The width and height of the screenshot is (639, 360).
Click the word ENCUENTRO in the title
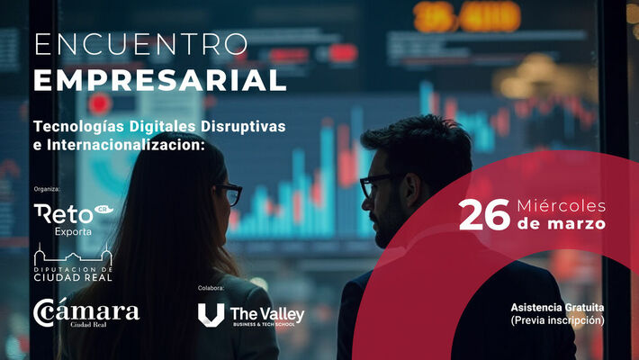(141, 44)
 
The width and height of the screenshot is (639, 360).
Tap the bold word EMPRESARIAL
(160, 80)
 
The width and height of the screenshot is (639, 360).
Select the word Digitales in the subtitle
(163, 127)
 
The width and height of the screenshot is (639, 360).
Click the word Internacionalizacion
(126, 145)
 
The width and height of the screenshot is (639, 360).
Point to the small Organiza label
(47, 189)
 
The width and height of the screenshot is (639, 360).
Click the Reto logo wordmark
(64, 214)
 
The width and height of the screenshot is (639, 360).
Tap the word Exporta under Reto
(73, 231)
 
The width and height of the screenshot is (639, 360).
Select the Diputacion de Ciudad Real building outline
(73, 255)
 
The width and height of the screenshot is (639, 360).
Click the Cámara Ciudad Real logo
(86, 312)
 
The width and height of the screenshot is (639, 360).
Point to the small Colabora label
(211, 288)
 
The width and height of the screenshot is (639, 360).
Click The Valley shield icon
(211, 315)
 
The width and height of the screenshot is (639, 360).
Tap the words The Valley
(267, 314)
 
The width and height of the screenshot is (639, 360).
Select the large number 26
(484, 215)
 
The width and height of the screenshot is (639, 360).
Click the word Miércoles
(562, 206)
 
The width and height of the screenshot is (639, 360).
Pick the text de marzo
(562, 224)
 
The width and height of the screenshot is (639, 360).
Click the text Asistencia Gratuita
(557, 308)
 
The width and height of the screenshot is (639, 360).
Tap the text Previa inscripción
(557, 320)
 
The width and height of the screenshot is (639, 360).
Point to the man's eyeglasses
(374, 185)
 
